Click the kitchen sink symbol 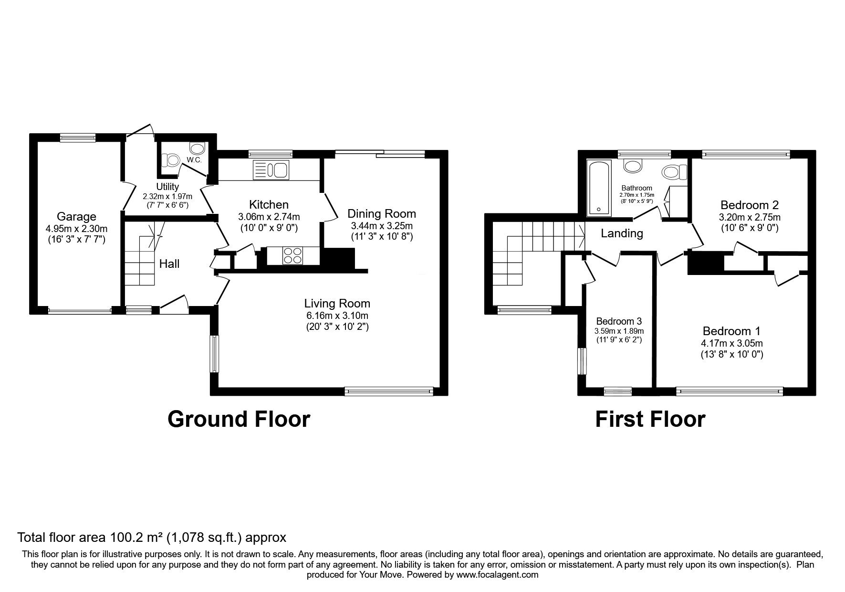coord(271,170)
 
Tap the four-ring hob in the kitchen coord(292,255)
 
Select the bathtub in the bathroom coord(598,188)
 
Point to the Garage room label coord(76,217)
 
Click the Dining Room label coord(381,213)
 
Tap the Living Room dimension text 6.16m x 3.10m coord(337,316)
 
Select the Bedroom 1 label coord(731,331)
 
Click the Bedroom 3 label coord(619,321)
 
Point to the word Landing coord(622,233)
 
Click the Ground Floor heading coord(239,419)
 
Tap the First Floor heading coord(650,419)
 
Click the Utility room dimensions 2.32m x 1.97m coord(167,197)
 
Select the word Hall coord(169,264)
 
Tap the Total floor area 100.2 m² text coord(152,538)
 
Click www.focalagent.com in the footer coord(497,575)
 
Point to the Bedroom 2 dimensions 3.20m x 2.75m coord(749,217)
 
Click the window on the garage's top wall coord(78,137)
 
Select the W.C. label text coord(194,160)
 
